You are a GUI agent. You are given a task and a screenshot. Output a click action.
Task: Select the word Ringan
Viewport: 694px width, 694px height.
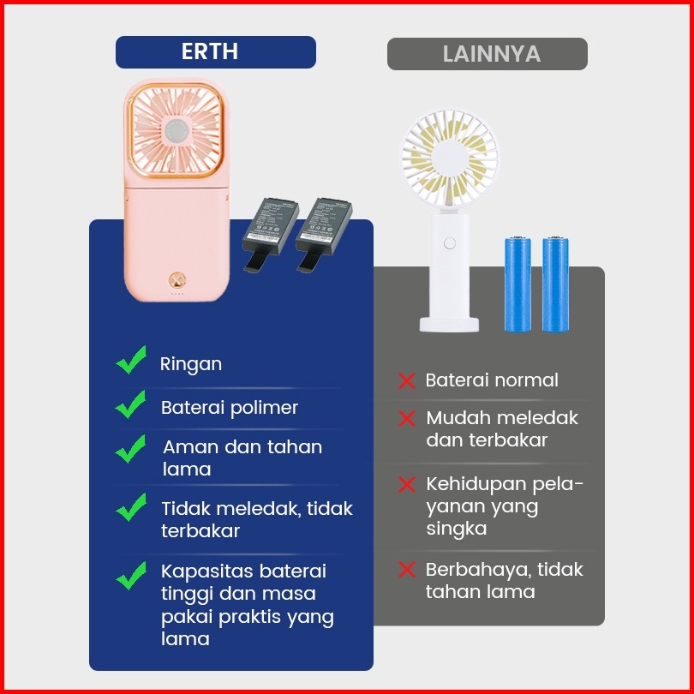pyautogui.click(x=191, y=364)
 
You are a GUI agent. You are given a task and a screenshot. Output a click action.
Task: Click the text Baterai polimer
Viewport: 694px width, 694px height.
pyautogui.click(x=230, y=408)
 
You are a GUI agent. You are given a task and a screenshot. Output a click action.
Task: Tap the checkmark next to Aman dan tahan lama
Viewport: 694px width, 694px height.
pyautogui.click(x=131, y=448)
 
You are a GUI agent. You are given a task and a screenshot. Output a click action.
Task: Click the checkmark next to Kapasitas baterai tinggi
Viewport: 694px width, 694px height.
pyautogui.click(x=131, y=576)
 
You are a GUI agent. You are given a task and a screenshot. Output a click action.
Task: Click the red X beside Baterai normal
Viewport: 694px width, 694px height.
pyautogui.click(x=406, y=380)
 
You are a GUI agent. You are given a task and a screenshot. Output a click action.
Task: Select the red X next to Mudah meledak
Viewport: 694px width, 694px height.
pyautogui.click(x=406, y=419)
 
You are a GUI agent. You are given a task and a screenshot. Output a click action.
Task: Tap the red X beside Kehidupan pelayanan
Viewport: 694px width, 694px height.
pyautogui.click(x=406, y=485)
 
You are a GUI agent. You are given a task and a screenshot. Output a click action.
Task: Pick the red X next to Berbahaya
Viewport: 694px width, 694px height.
pyautogui.click(x=406, y=570)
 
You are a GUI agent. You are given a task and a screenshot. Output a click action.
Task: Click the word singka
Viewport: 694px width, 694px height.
pyautogui.click(x=457, y=529)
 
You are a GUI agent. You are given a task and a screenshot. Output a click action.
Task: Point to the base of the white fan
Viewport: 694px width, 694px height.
pyautogui.click(x=449, y=323)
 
